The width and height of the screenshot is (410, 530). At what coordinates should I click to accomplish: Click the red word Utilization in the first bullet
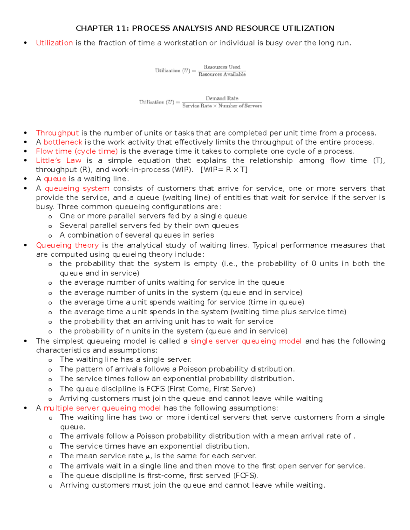[54, 43]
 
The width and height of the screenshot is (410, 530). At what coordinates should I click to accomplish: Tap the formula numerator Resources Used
[222, 67]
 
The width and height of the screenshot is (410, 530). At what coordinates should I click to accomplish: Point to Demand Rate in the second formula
[222, 98]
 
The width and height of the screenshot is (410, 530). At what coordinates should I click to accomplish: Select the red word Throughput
[57, 133]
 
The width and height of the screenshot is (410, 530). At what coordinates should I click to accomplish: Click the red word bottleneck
[63, 142]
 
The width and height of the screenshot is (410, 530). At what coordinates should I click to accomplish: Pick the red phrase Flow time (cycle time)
[77, 152]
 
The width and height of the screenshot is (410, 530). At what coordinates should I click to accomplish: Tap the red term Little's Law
[59, 161]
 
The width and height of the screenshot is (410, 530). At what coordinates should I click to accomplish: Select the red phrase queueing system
[77, 188]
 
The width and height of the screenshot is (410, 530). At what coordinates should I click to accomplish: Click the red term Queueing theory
[67, 245]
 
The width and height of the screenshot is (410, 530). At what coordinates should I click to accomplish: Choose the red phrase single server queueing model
[246, 341]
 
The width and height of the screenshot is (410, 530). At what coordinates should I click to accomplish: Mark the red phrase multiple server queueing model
[102, 408]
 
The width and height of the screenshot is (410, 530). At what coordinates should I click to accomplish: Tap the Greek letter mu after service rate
[148, 457]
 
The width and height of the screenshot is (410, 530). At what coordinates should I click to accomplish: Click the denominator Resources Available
[222, 74]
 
